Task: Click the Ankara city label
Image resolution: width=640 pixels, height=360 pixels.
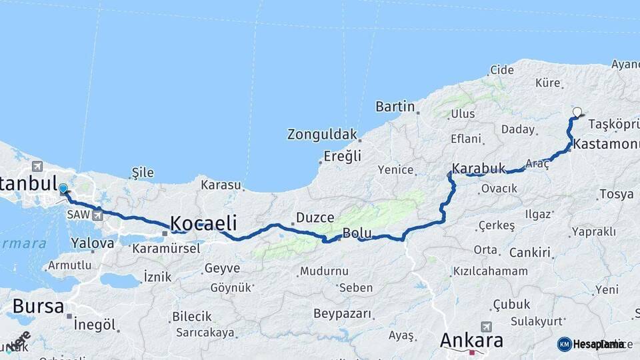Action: [x=471, y=341]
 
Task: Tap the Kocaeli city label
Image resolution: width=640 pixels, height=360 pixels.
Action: [x=205, y=223]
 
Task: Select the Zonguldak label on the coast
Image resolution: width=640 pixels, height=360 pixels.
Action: [x=322, y=134]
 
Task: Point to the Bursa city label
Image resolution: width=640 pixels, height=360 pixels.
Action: [x=38, y=307]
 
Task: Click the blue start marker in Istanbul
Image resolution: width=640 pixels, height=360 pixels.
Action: [x=63, y=189]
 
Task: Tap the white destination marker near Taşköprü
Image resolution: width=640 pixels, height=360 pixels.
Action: [x=577, y=113]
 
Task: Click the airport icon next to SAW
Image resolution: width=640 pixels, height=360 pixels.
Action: [x=98, y=215]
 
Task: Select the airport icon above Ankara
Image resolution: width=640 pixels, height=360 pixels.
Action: [x=486, y=327]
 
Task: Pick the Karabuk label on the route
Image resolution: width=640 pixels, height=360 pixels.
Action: [x=479, y=168]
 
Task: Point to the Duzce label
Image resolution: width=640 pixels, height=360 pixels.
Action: [x=310, y=217]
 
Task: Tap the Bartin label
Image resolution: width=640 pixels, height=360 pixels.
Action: [x=395, y=107]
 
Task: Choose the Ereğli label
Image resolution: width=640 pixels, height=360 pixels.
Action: [x=342, y=156]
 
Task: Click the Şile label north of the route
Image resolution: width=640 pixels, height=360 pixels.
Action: [x=143, y=173]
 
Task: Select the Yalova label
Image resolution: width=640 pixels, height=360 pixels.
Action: [x=93, y=243]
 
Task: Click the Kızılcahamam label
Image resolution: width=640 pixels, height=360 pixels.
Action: [x=490, y=271]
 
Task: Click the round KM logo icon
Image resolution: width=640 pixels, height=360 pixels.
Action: [x=565, y=344]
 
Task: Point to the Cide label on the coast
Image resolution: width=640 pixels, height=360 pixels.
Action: [x=502, y=70]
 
